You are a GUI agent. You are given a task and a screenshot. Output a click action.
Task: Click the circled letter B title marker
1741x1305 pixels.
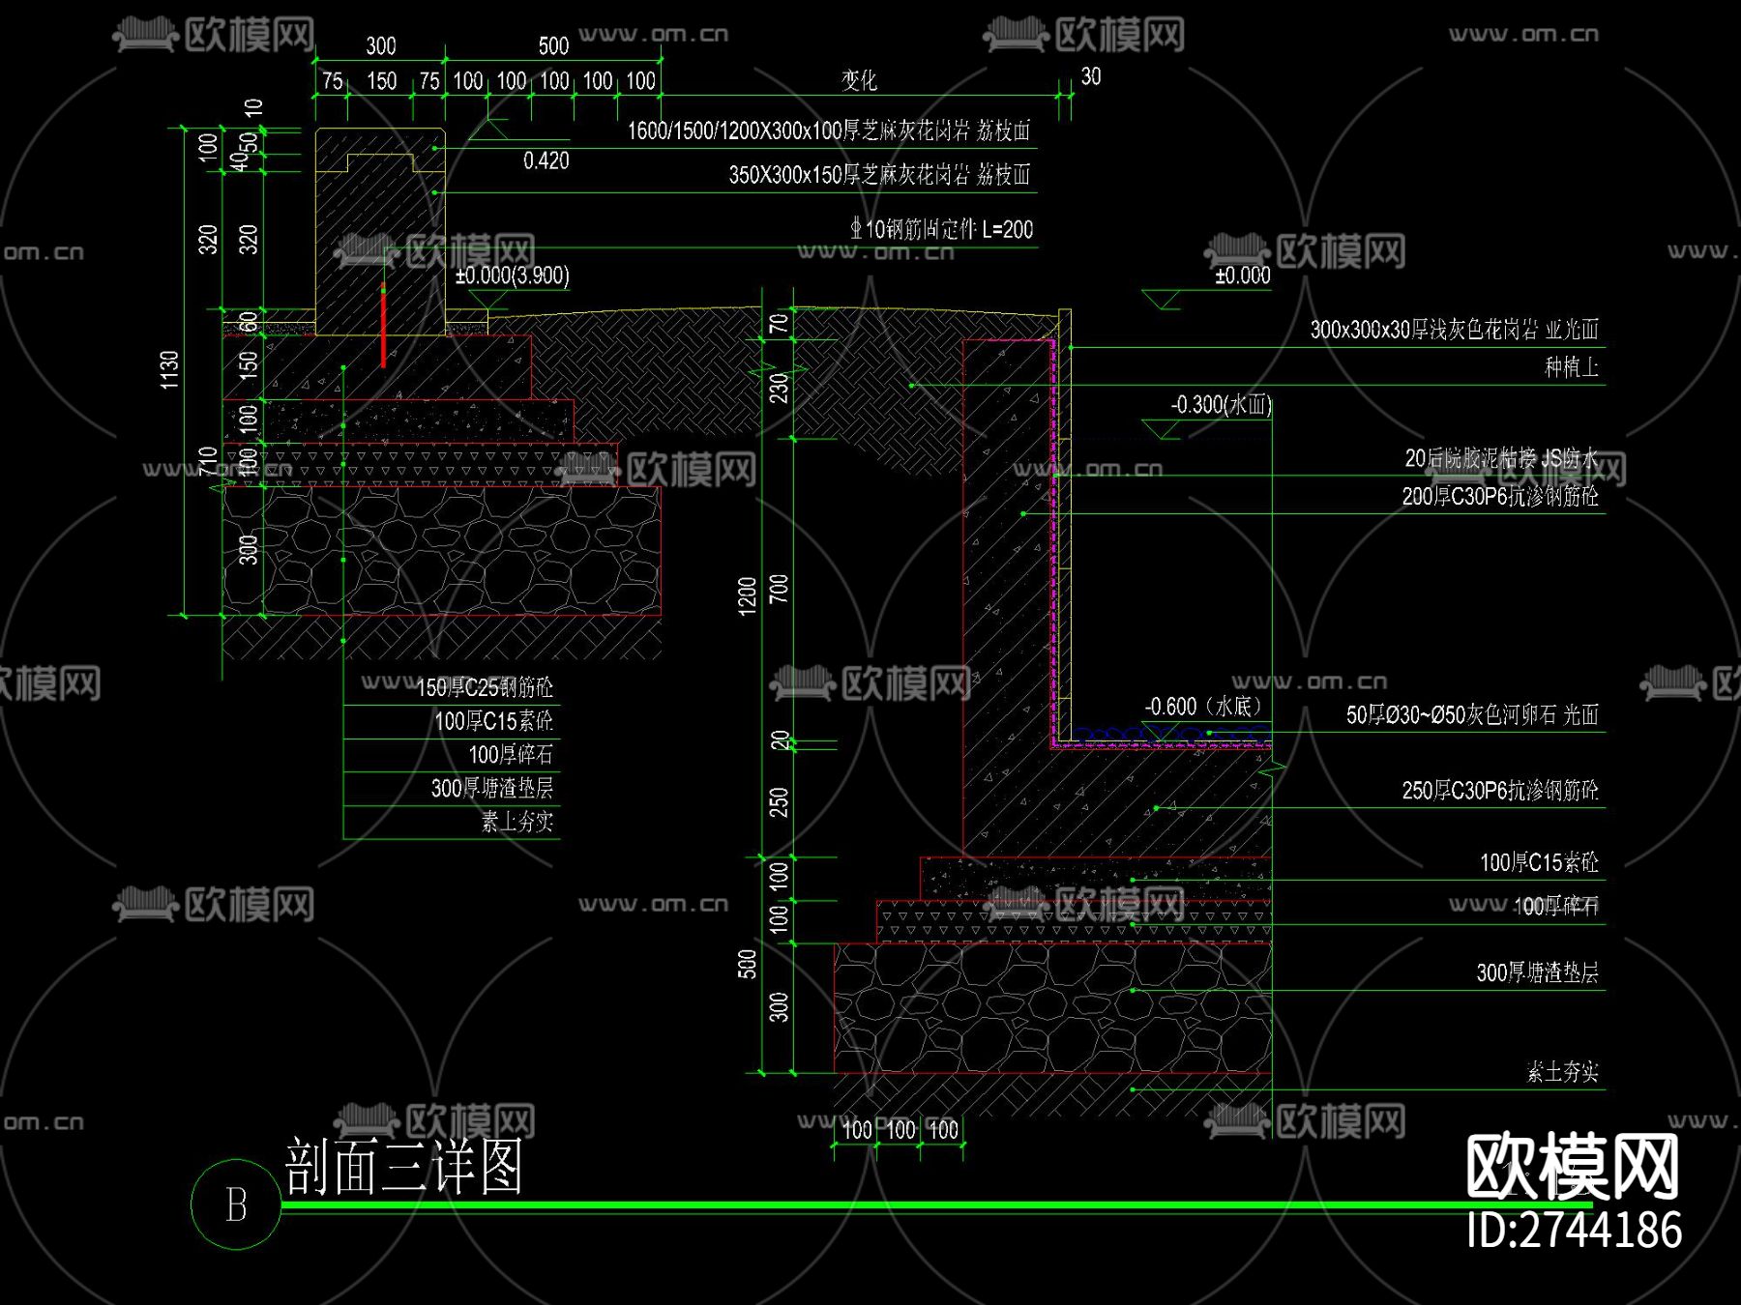(236, 1204)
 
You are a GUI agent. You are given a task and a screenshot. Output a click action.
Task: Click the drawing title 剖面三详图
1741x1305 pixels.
(403, 1167)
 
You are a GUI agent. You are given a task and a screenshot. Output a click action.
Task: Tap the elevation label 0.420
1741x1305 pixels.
(546, 160)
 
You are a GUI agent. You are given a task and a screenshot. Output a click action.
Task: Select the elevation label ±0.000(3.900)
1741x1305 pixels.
(512, 275)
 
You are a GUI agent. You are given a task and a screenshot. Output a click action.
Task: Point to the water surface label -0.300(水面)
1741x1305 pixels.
(1221, 405)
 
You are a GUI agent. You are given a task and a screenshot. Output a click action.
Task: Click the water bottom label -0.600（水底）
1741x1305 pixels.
(1204, 707)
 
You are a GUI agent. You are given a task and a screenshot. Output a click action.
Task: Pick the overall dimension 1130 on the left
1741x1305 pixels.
(169, 370)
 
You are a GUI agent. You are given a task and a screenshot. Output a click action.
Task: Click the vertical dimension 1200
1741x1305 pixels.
(747, 595)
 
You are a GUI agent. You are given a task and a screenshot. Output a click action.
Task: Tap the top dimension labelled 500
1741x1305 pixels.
(553, 45)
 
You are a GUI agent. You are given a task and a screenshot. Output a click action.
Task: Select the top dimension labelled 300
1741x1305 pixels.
(380, 45)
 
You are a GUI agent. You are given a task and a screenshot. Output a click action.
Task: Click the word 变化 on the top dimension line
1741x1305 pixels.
(859, 80)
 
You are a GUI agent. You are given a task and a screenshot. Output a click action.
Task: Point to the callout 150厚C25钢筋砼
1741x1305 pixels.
(485, 687)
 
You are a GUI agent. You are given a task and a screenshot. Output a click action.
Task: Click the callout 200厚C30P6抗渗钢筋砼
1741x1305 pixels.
(1500, 497)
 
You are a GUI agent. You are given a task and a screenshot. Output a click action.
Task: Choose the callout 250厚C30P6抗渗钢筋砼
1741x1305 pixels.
(1500, 791)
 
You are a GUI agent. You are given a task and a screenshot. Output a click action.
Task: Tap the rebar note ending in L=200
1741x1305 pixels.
(941, 229)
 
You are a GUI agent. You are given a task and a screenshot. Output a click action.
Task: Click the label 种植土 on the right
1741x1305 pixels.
(1571, 367)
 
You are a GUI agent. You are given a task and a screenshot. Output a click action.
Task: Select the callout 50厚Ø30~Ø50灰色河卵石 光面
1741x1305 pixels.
(1472, 715)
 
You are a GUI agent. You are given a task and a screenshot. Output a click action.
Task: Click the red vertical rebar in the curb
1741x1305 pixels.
(383, 326)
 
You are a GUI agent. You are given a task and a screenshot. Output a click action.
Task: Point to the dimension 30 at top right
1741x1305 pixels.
(1090, 76)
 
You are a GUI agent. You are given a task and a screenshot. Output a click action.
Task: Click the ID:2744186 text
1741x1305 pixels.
(1574, 1231)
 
